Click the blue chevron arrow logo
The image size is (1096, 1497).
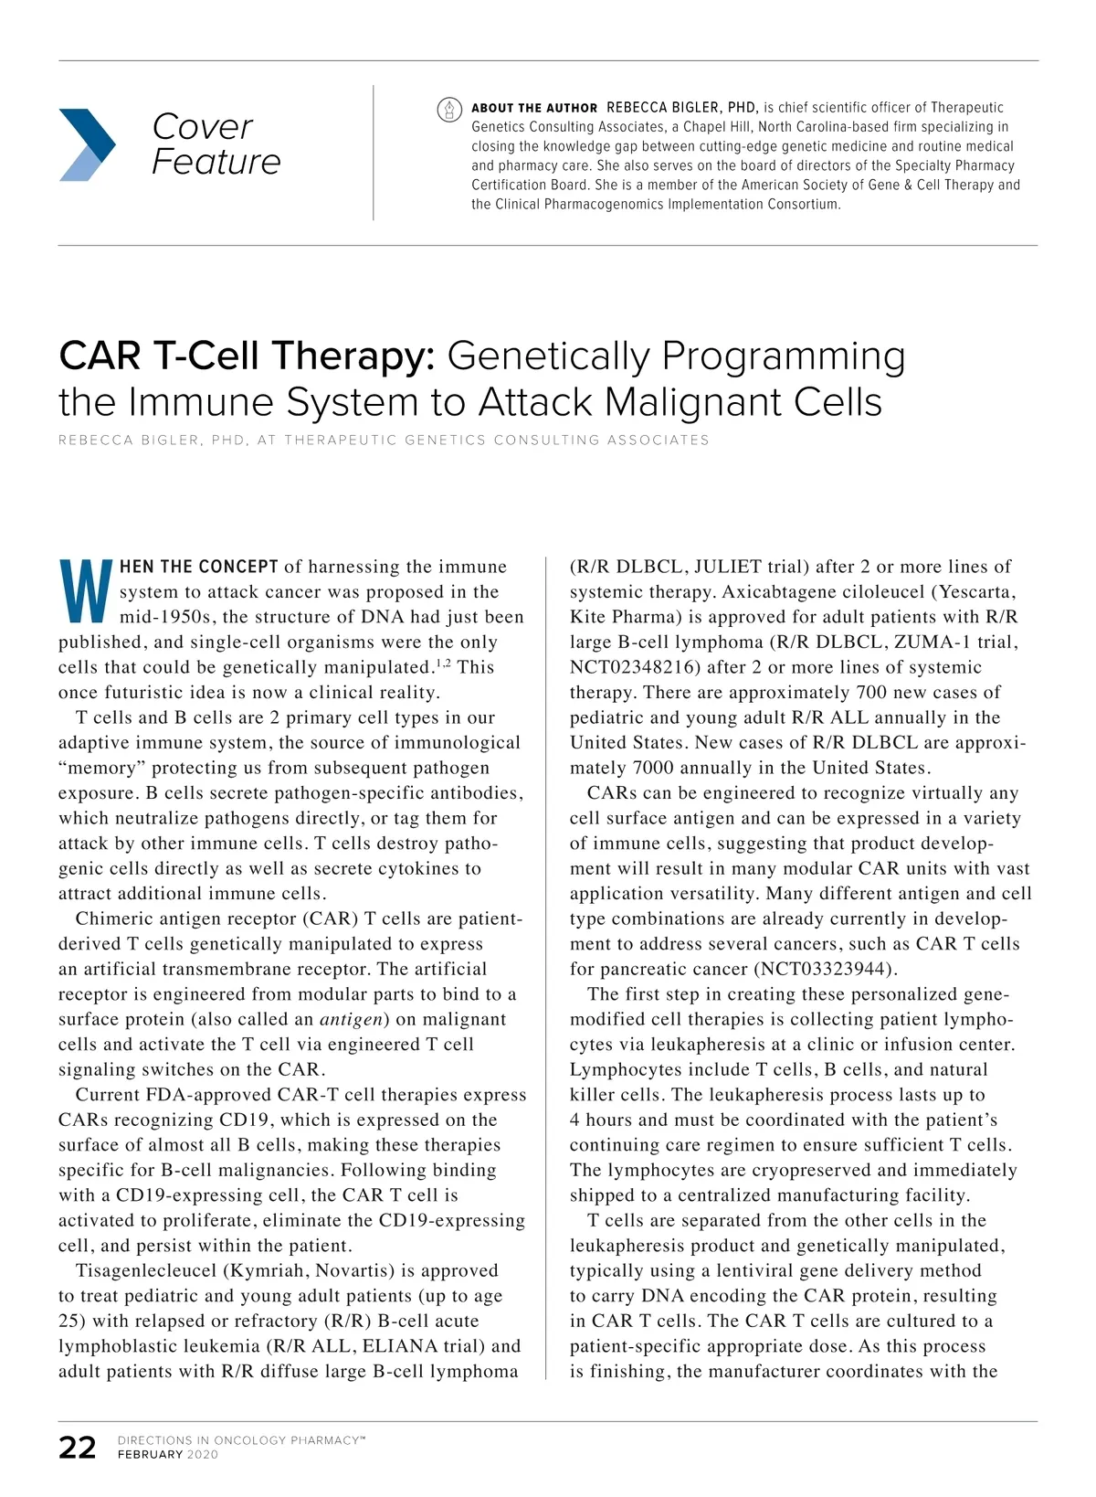pos(87,144)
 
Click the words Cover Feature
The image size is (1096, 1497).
pos(216,143)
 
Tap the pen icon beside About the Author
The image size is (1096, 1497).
pos(448,110)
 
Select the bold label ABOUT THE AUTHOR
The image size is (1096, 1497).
pos(534,108)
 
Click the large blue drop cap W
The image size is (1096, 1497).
pos(86,590)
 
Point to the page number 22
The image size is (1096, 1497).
pos(78,1448)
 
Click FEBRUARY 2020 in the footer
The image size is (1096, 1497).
pos(168,1455)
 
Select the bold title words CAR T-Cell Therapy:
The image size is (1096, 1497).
pos(247,356)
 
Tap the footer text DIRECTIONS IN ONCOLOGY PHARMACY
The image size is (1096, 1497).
pos(241,1440)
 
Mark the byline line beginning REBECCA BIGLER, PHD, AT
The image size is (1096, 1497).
pos(384,441)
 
